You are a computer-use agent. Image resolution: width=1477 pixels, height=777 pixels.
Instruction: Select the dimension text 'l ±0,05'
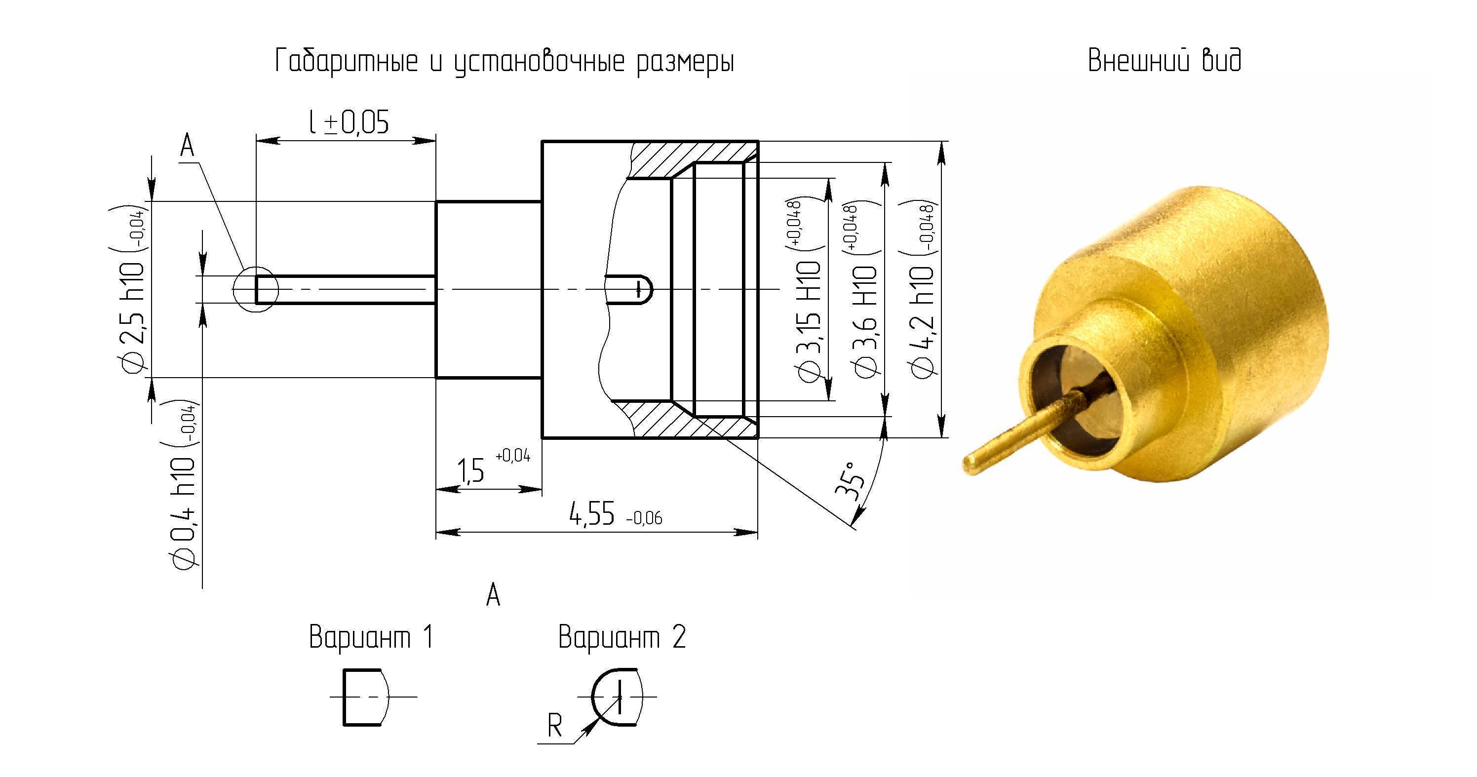(349, 122)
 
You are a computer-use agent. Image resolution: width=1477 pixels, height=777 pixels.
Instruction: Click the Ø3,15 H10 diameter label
(807, 290)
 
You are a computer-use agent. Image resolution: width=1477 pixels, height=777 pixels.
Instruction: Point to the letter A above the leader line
(188, 146)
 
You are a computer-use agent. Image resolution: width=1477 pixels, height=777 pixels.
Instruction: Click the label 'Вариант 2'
(622, 637)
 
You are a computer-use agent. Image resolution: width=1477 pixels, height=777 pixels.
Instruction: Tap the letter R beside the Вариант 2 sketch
(554, 726)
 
